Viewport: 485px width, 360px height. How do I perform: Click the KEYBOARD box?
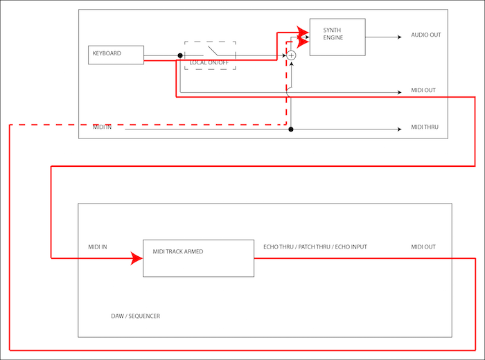[x=116, y=55]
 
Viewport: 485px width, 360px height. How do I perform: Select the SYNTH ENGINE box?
[x=337, y=37]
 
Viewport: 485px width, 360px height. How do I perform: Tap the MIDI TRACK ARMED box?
[x=198, y=258]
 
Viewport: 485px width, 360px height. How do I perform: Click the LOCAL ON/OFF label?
[x=209, y=63]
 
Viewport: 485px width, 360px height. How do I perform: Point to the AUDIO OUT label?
[x=425, y=35]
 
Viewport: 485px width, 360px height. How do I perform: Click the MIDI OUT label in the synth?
[x=423, y=91]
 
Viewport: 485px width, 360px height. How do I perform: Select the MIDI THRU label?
[x=425, y=127]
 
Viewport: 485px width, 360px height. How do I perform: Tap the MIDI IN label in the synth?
[x=103, y=127]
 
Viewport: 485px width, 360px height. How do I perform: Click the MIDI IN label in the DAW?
[x=98, y=246]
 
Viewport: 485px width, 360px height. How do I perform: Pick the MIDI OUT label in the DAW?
[x=423, y=247]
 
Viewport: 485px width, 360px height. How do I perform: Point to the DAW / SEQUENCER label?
[x=136, y=316]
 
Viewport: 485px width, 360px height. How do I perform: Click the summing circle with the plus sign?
[x=292, y=55]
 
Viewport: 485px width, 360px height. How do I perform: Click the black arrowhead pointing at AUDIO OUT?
[x=398, y=37]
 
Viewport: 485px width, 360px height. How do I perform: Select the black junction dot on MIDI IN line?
[x=291, y=129]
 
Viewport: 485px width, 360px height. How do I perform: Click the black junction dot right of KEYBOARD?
[x=180, y=55]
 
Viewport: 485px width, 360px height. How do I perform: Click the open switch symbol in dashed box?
[x=211, y=51]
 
